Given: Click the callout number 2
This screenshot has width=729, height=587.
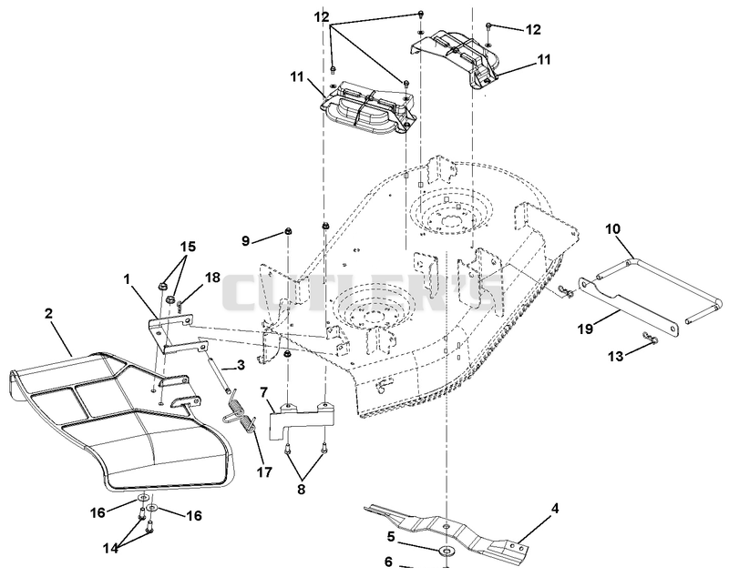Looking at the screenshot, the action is click(x=48, y=313).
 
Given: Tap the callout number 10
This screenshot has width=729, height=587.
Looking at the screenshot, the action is click(x=612, y=228).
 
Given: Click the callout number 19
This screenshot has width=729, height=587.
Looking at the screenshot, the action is click(x=585, y=329).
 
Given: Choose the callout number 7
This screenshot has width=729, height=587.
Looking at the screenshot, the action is click(x=263, y=392).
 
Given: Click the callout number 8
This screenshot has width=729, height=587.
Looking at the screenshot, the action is click(x=302, y=489).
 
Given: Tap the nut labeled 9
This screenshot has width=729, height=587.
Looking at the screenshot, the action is click(x=288, y=230).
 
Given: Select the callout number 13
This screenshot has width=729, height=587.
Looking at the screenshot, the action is click(x=617, y=356).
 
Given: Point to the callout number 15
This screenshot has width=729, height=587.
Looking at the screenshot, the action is click(x=188, y=246).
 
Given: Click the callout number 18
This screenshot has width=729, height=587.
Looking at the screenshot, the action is click(x=212, y=278).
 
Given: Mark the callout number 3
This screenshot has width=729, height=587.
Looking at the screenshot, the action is click(x=241, y=365).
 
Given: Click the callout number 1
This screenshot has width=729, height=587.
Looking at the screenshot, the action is click(x=126, y=279).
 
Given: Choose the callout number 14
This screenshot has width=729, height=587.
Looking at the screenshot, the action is click(x=110, y=548).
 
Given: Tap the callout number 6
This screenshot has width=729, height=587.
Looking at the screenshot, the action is click(x=389, y=562).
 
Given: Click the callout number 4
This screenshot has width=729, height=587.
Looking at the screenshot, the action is click(x=555, y=508).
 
